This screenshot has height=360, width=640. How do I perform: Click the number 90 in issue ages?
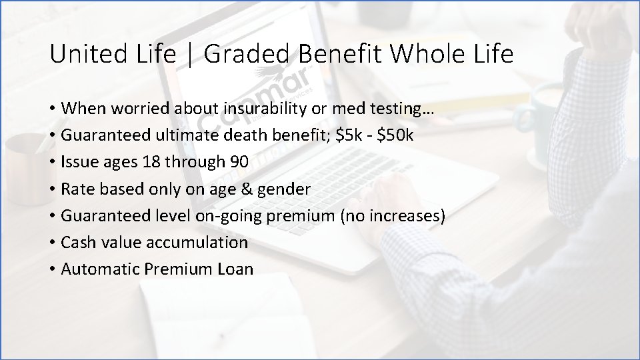click(238, 162)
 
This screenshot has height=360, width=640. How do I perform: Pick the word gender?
click(286, 189)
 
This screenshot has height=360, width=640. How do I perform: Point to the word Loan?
click(235, 269)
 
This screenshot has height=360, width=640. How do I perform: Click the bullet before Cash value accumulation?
click(53, 243)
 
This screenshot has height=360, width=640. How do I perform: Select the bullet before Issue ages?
click(53, 162)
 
